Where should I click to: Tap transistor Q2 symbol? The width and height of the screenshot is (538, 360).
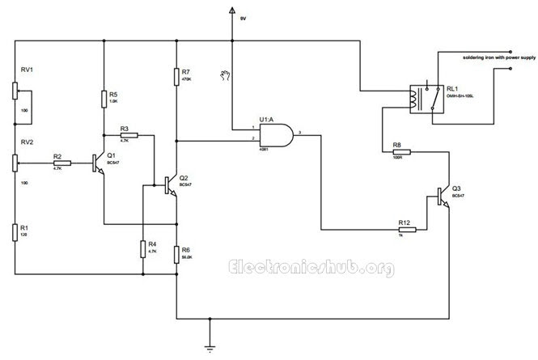172,185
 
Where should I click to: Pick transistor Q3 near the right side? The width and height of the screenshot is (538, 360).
443,197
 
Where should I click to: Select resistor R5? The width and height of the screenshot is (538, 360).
104,99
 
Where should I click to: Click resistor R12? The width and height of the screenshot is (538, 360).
407,229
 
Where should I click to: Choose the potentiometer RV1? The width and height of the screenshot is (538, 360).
15,89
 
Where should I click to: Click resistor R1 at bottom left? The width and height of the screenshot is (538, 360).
15,233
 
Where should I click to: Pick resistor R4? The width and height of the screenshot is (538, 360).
142,248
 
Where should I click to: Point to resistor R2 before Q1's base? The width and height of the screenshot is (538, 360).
61,163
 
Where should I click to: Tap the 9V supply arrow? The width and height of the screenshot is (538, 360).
232,11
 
